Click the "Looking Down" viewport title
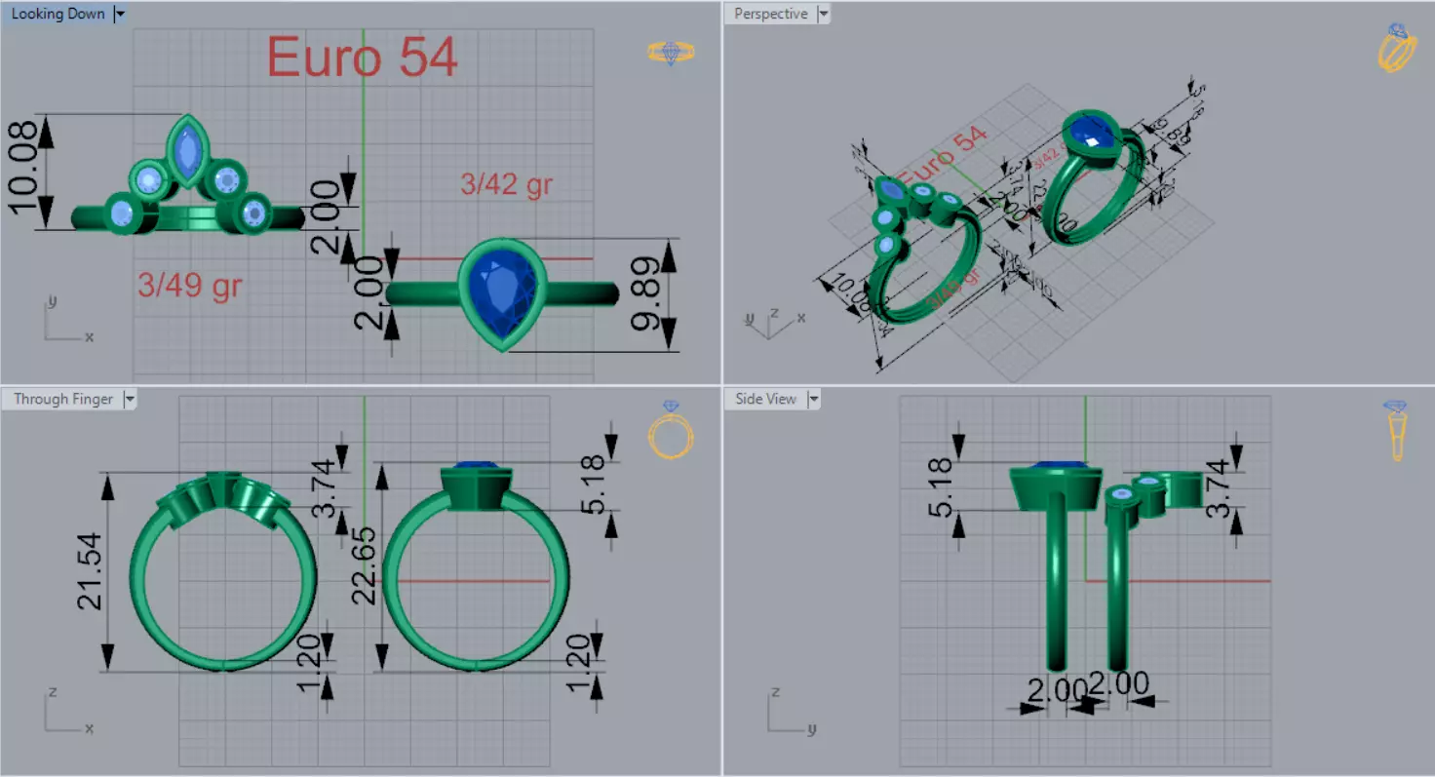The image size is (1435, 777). click(x=58, y=15)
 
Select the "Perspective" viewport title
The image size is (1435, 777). click(x=770, y=15)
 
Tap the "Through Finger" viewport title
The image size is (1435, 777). click(x=62, y=399)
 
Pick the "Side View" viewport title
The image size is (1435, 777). click(x=765, y=399)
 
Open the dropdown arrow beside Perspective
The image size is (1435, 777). click(x=824, y=15)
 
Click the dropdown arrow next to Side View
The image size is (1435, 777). click(x=813, y=399)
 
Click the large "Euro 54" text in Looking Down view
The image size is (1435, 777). click(x=362, y=58)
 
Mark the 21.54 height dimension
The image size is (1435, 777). click(x=92, y=571)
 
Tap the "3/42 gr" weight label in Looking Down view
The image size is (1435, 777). click(x=506, y=183)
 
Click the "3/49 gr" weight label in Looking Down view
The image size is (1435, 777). click(x=189, y=286)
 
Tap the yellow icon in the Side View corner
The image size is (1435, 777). click(x=1396, y=430)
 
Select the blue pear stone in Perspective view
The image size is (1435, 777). click(x=1092, y=133)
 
